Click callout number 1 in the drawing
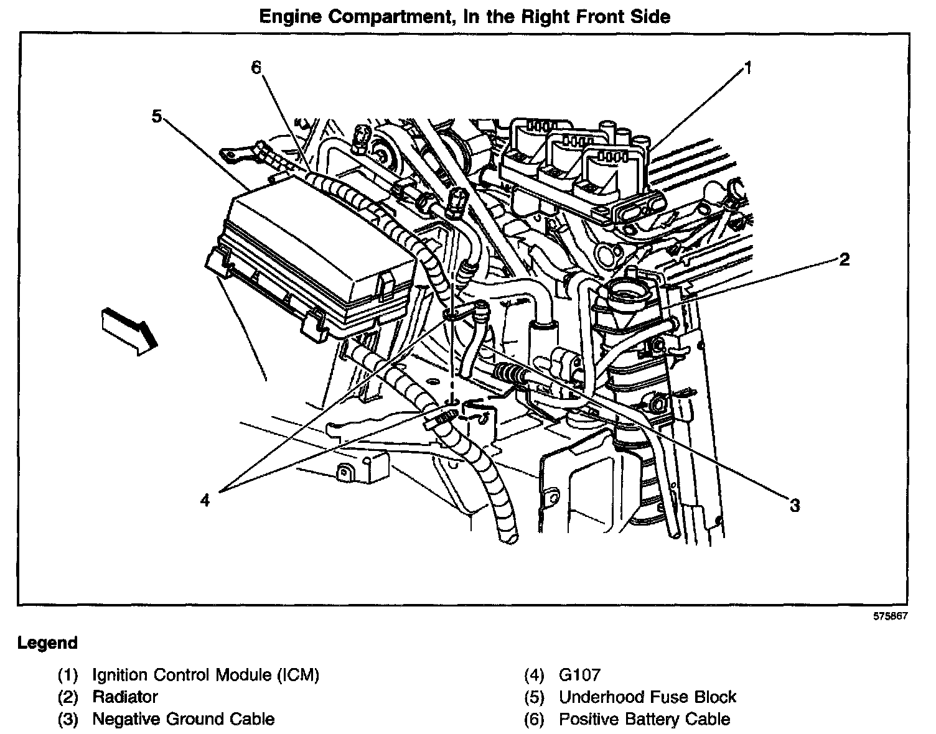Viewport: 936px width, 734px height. [748, 68]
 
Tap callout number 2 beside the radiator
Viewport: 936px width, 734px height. [844, 259]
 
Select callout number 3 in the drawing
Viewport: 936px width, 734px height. [794, 505]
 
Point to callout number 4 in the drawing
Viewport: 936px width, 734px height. [205, 499]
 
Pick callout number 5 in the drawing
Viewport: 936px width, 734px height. [157, 116]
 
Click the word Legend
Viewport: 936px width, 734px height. [47, 643]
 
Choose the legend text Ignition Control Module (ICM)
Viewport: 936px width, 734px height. [205, 675]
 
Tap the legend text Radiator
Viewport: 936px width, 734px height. [125, 697]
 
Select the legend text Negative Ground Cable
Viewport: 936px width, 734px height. [183, 720]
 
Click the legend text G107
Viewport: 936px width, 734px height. [579, 675]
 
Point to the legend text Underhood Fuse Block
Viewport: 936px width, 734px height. [647, 697]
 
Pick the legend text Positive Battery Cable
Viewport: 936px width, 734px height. [644, 720]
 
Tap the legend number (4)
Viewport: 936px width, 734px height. [535, 675]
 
